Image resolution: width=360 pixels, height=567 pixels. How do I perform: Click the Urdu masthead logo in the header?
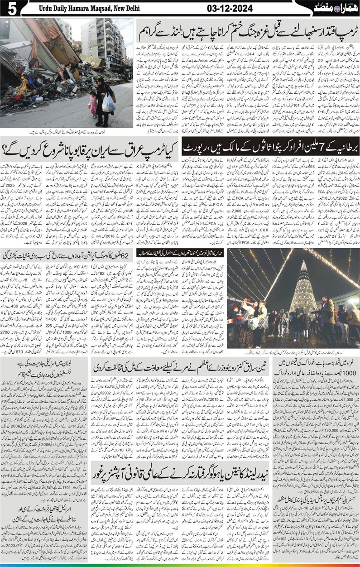[335, 8]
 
